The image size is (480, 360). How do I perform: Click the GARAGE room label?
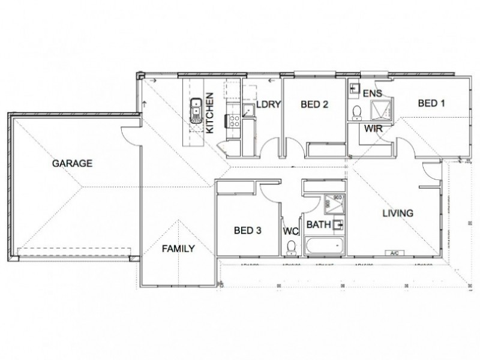71,163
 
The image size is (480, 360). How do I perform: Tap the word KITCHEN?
209,112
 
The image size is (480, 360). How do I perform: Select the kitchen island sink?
196,111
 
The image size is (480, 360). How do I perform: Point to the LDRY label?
268,104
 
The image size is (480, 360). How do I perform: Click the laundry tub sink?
247,109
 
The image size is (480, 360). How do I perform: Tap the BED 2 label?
314,104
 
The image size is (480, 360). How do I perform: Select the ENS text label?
373,94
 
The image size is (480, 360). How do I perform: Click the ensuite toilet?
357,112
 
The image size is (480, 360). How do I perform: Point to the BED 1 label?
431,103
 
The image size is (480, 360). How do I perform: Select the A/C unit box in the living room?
394,253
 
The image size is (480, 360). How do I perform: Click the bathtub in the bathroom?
325,246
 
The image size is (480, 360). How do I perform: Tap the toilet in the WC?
292,247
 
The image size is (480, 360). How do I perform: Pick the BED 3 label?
247,230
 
